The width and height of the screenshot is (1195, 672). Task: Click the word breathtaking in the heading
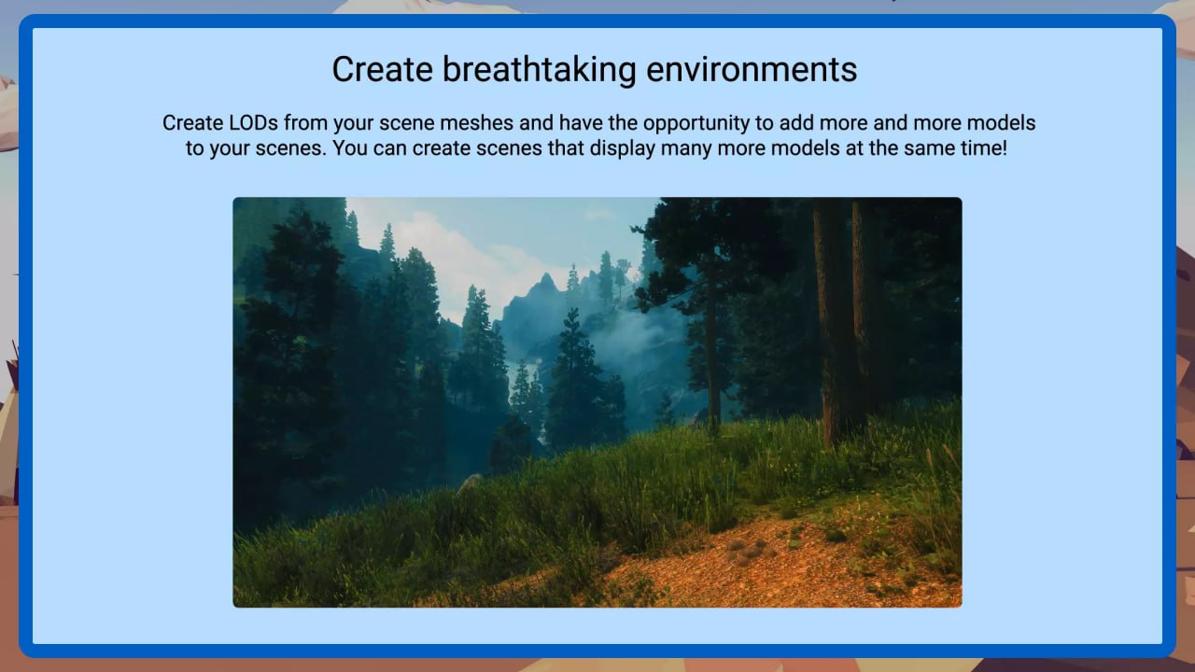[539, 70]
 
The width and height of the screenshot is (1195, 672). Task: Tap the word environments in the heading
[752, 70]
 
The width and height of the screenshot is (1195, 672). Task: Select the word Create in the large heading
[382, 70]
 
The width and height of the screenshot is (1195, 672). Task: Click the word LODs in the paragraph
[253, 123]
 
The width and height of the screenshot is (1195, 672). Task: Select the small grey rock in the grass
[470, 483]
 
